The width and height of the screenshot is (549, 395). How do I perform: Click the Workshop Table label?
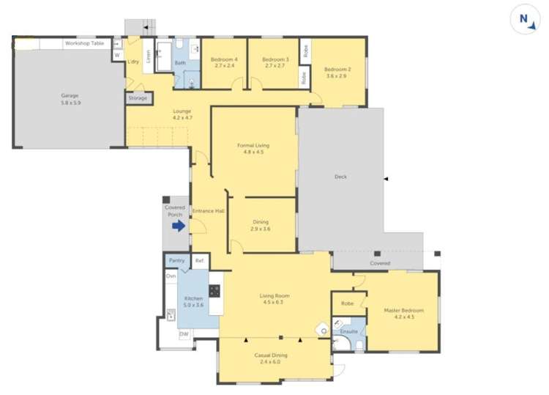(84, 44)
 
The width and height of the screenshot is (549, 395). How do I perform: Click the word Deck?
(340, 177)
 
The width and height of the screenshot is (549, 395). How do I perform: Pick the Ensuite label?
(349, 331)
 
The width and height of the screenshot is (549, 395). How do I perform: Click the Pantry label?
(176, 260)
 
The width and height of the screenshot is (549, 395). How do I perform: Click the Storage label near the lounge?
(138, 97)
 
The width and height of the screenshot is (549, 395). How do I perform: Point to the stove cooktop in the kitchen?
(215, 290)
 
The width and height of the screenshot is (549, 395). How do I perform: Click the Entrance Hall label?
(208, 211)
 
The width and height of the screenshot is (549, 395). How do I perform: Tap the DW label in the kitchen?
(184, 334)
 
